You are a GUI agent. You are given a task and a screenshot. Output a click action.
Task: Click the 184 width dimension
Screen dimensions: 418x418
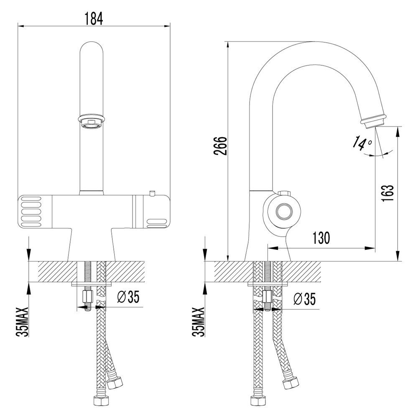pyautogui.click(x=94, y=19)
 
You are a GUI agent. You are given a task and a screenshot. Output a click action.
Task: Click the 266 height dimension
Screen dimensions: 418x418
pyautogui.click(x=220, y=145)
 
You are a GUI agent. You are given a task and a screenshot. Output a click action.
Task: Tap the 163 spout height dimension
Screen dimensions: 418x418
pyautogui.click(x=387, y=193)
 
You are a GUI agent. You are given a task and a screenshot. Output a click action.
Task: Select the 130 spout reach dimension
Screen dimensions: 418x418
pyautogui.click(x=321, y=238)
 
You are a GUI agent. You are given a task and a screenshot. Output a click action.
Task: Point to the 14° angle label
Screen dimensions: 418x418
pyautogui.click(x=362, y=143)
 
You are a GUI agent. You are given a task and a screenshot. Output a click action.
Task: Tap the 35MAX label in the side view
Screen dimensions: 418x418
pyautogui.click(x=198, y=322)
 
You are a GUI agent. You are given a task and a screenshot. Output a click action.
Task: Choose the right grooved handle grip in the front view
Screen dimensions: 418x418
pyautogui.click(x=156, y=223)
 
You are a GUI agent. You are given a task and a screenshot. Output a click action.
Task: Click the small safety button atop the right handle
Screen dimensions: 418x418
pyautogui.click(x=152, y=193)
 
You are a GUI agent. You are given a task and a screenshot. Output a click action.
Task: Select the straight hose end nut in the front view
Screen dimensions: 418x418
pyautogui.click(x=101, y=401)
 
